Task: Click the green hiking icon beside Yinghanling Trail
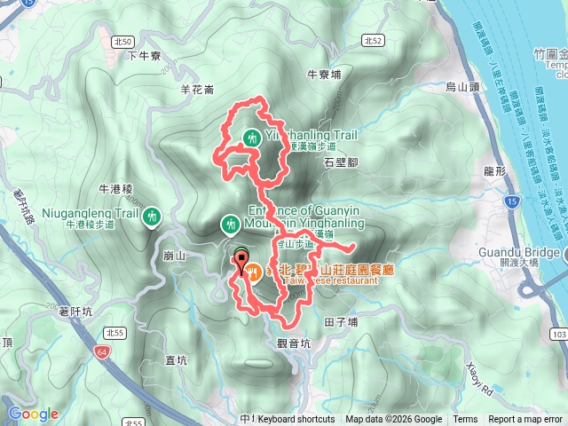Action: pos(252,137)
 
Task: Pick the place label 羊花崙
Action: pos(197,89)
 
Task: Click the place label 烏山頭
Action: pos(461,86)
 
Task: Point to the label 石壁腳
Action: pos(340,163)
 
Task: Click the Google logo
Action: pos(33,414)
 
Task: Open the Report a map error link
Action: pos(526,420)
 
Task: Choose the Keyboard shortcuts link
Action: pos(296,420)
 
